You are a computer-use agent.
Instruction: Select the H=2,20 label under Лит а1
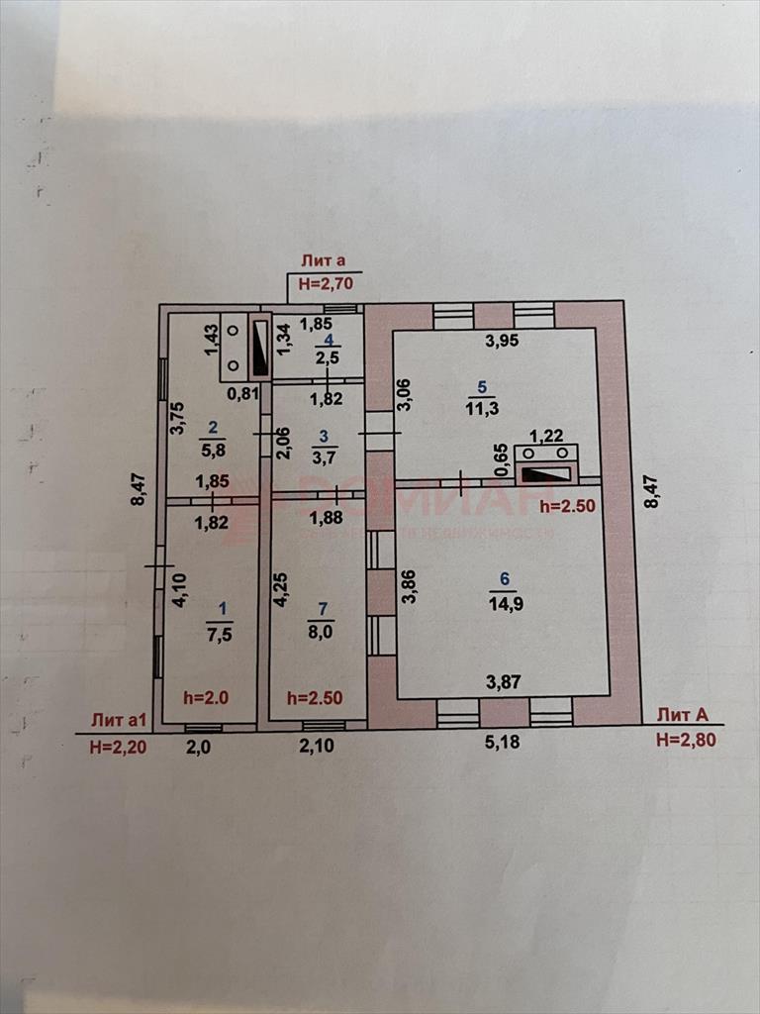pos(118,748)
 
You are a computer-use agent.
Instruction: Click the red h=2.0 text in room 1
pos(205,697)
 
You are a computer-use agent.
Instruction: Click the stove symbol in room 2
pos(246,346)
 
